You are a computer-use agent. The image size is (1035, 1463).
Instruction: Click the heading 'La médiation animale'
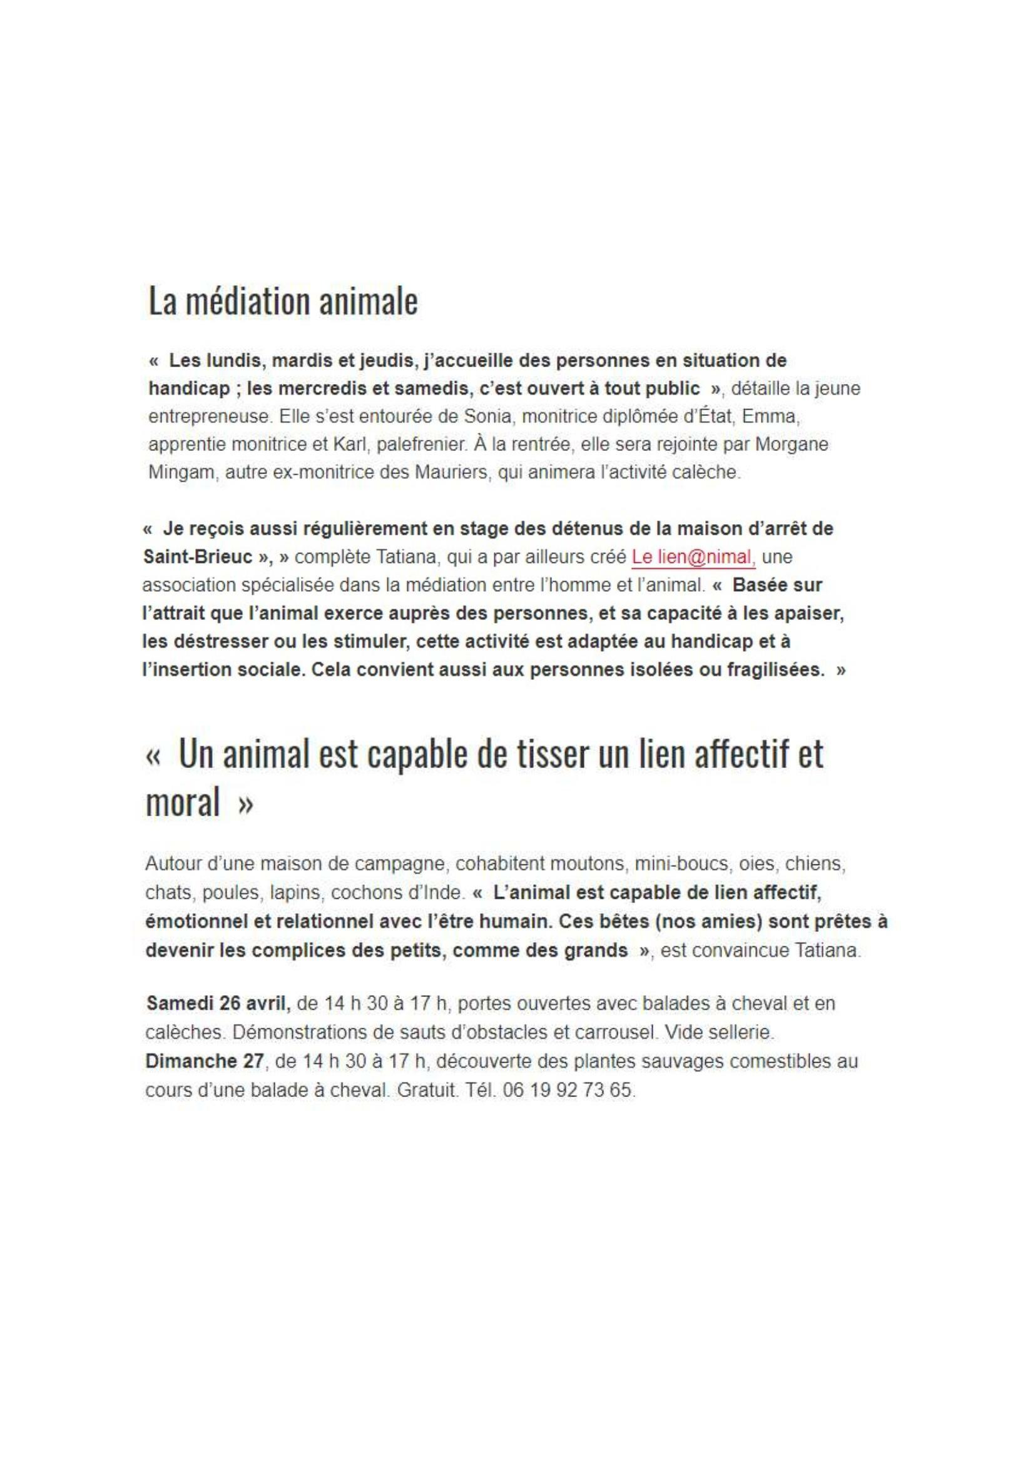coord(283,301)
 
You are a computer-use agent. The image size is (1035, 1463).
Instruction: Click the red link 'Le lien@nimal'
coord(693,557)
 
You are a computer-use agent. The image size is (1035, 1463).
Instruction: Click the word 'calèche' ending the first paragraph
coord(703,473)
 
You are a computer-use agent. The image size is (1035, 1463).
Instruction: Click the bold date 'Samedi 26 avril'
coord(218,1003)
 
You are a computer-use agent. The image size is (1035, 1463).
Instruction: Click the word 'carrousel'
coord(609,1031)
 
